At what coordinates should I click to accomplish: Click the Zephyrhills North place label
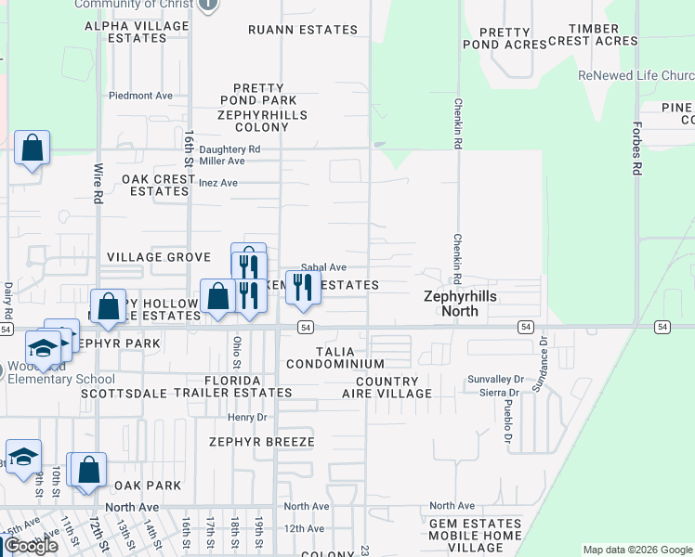tap(460, 304)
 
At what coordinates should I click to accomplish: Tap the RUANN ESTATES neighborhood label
tap(303, 30)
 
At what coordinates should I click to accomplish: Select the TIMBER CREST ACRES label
tap(593, 35)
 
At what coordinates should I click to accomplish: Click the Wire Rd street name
tap(98, 184)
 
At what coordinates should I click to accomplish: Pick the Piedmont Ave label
tap(140, 95)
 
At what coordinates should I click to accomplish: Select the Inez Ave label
tap(218, 183)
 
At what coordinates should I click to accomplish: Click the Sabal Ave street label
tap(322, 267)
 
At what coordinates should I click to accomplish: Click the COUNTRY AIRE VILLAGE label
tap(393, 387)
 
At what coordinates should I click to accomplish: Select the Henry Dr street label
tap(247, 417)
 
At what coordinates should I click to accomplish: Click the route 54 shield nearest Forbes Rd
tap(662, 327)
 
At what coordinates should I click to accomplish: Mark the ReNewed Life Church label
tap(636, 75)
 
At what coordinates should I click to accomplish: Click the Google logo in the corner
tap(31, 547)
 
